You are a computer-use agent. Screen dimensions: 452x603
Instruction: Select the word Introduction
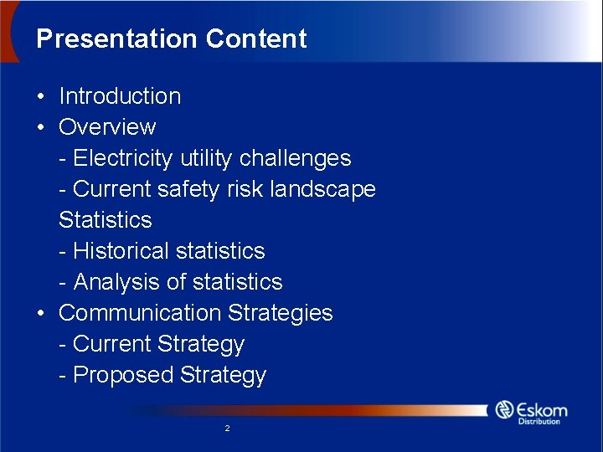(x=120, y=96)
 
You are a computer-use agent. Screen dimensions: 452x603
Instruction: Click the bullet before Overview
(x=41, y=127)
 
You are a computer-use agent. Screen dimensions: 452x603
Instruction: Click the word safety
(x=194, y=189)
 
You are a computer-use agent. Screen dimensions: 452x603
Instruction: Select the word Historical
(x=121, y=251)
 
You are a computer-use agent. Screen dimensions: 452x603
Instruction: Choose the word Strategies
(x=281, y=313)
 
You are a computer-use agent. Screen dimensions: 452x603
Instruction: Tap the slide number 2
(x=227, y=429)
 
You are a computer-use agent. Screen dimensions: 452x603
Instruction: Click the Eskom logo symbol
(x=504, y=410)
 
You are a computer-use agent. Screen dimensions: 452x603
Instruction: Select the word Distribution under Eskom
(x=539, y=421)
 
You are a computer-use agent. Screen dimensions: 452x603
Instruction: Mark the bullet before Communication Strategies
(x=41, y=313)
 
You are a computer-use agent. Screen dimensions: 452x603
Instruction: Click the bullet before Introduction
(x=41, y=96)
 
